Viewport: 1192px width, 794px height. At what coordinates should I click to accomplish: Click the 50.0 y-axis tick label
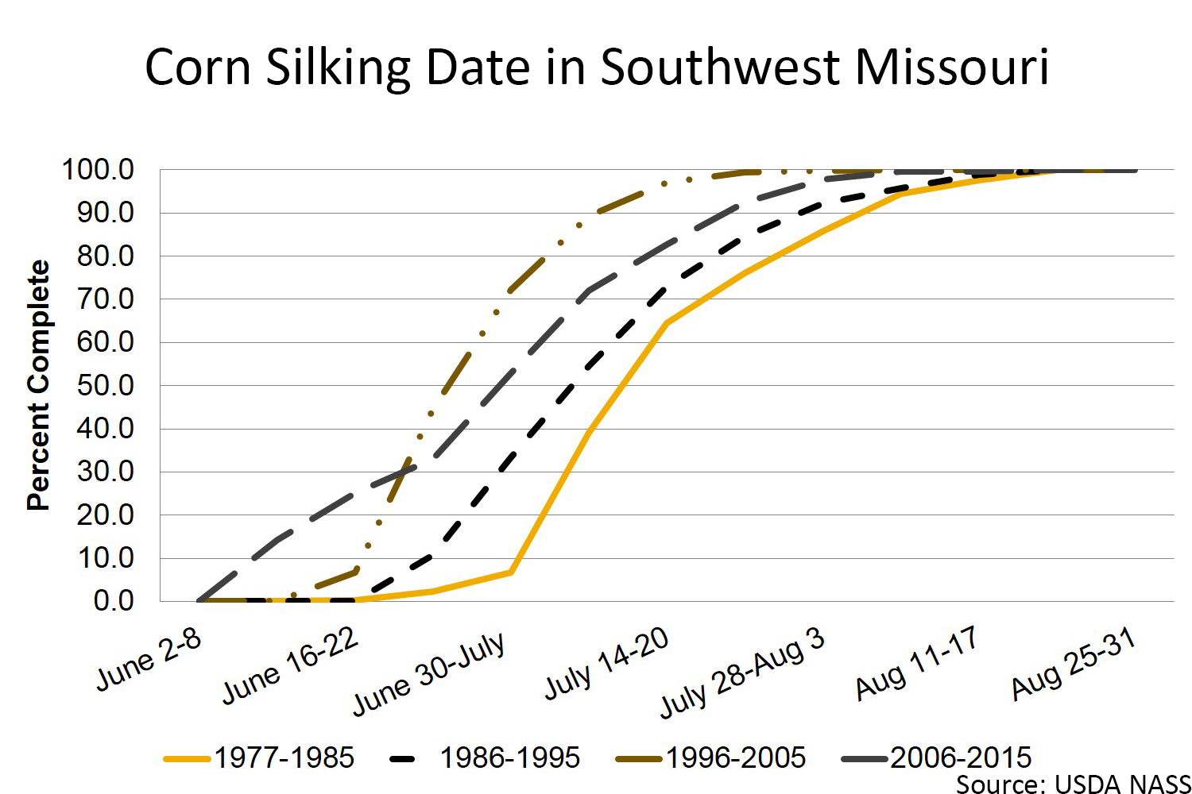pos(104,386)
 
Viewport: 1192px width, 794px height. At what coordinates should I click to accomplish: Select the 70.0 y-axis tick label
pos(104,299)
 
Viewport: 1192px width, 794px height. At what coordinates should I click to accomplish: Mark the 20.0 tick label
pos(104,515)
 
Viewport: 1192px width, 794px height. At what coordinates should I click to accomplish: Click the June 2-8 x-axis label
pos(149,660)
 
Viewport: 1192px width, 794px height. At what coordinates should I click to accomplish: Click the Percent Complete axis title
pos(38,386)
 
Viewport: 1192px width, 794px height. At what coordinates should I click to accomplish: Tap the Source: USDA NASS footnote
pos(1073,784)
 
